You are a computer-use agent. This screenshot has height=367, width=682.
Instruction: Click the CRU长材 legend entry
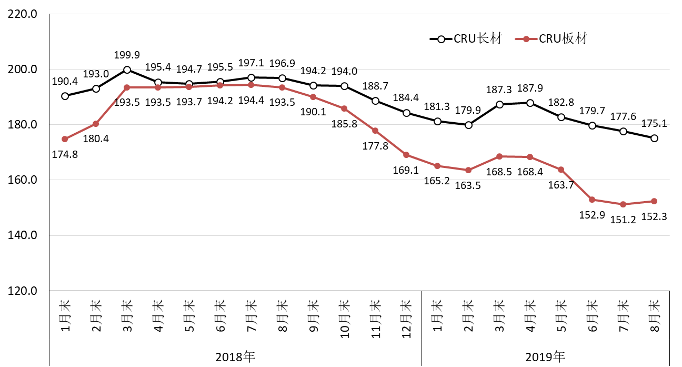(x=466, y=38)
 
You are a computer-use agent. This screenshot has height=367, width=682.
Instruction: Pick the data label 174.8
(x=65, y=154)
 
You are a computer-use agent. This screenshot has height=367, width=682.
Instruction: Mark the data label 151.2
(x=623, y=218)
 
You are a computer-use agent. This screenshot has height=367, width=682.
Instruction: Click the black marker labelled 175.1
(x=654, y=138)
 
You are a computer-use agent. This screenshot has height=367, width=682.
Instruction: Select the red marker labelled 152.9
(x=592, y=200)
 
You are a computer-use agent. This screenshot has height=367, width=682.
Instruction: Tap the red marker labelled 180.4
(x=96, y=124)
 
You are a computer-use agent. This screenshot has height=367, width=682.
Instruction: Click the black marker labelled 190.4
(x=65, y=96)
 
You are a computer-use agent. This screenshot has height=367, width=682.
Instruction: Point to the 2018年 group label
(x=235, y=356)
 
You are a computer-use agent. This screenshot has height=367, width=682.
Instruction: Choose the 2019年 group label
(x=546, y=356)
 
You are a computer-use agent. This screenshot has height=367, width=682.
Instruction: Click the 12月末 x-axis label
(x=406, y=315)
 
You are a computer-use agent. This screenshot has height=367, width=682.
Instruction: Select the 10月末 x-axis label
(x=344, y=315)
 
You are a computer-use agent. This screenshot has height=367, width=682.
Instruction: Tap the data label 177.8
(x=375, y=146)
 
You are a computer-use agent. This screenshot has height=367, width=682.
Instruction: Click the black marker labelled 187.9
(x=530, y=103)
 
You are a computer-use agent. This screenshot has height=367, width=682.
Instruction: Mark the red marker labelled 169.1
(x=406, y=155)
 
